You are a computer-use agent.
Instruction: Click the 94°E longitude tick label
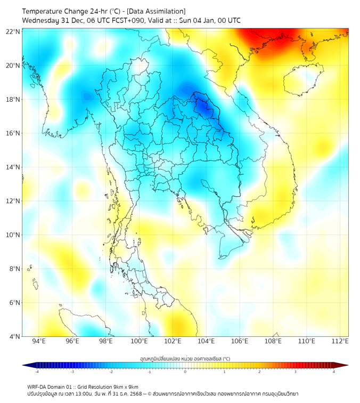click(39, 342)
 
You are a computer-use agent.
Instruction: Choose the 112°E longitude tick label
click(340, 342)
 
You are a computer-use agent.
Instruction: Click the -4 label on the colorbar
click(36, 372)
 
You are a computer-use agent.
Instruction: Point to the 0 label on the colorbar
click(185, 372)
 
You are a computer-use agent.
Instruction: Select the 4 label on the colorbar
click(334, 372)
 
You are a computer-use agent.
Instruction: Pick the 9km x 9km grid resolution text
click(126, 386)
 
